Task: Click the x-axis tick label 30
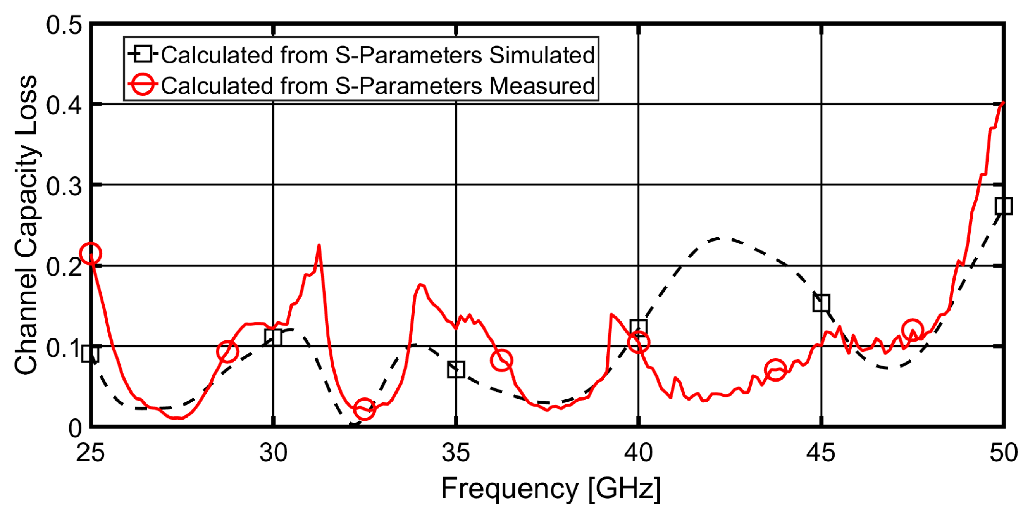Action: (x=273, y=453)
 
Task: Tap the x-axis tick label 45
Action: (x=820, y=453)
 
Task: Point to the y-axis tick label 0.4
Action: (x=64, y=106)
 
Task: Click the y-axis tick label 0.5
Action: (x=64, y=26)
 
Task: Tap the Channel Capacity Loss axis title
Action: (x=26, y=224)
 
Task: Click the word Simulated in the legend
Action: (x=542, y=54)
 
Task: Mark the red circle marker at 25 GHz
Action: (x=91, y=253)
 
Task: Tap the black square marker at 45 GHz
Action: (x=821, y=303)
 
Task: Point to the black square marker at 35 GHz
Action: (x=456, y=369)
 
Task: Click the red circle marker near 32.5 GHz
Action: (x=364, y=408)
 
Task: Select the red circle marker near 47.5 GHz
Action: (x=912, y=330)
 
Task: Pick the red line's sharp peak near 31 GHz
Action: (x=319, y=245)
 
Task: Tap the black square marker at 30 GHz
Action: (x=273, y=337)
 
